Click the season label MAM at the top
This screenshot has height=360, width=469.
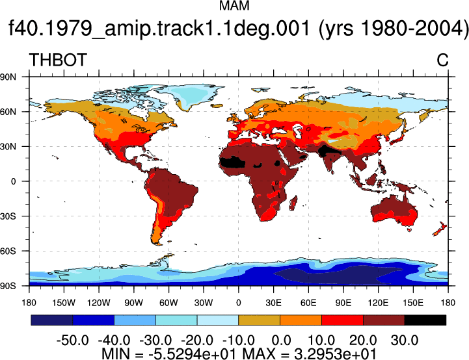coord(234,6)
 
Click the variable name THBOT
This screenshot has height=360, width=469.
coord(58,60)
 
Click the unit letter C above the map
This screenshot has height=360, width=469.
coord(442,60)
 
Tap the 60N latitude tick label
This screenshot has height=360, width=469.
coord(8,112)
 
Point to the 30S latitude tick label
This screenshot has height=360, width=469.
coord(8,216)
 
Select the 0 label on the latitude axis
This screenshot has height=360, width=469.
coord(13,181)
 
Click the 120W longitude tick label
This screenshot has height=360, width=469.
coord(99,303)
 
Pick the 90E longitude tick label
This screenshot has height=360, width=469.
coord(343,303)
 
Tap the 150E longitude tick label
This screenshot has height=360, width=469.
coord(413,303)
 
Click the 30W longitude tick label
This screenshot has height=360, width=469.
coord(204,303)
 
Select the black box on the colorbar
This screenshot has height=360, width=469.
coord(425,320)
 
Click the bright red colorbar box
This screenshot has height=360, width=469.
coord(342,320)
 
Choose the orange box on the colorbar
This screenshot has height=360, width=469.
coord(301,320)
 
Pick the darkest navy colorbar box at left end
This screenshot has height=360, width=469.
coord(52,320)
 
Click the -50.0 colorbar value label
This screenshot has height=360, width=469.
coord(73,341)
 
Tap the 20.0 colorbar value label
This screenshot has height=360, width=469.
coord(363,341)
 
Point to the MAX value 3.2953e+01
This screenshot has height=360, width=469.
coord(335,354)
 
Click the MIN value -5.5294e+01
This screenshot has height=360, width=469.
coord(192,354)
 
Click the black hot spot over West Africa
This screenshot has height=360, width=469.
coord(232,163)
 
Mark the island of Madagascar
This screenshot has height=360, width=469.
coord(293,203)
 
